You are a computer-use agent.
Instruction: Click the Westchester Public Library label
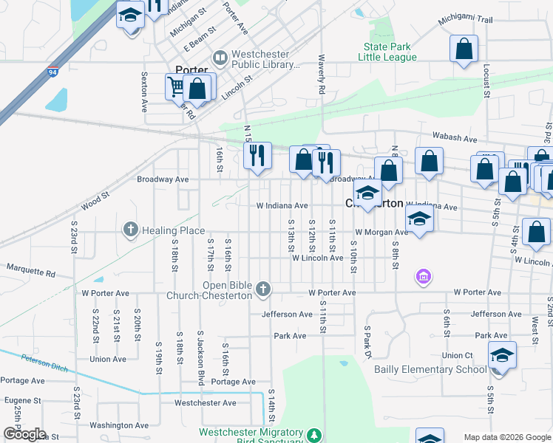265,59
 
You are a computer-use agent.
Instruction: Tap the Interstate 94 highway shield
52,72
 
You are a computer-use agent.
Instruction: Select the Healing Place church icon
131,230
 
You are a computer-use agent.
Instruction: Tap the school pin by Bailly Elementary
501,358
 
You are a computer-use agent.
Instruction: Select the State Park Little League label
384,52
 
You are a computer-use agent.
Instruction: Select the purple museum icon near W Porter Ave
424,277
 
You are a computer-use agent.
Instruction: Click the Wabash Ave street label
455,137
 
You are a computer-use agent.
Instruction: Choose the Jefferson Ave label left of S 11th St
287,314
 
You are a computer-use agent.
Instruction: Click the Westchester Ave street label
205,402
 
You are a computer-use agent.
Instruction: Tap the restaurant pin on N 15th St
257,155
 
